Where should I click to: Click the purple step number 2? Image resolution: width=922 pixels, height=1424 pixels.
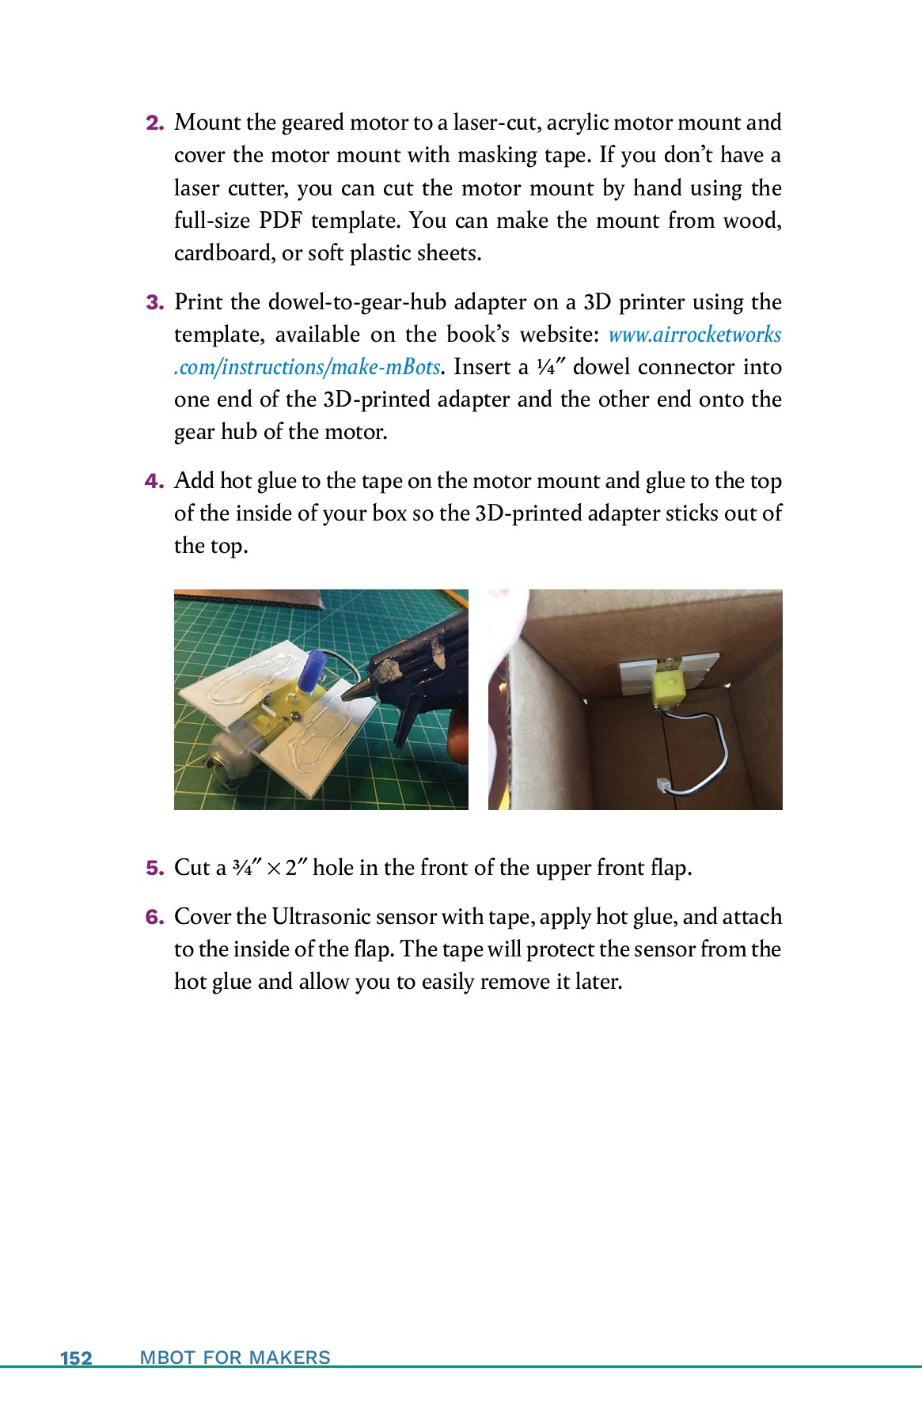pos(154,123)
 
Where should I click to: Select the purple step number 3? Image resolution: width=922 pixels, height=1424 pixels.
pos(154,303)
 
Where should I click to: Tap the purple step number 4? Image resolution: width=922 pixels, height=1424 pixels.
pos(154,482)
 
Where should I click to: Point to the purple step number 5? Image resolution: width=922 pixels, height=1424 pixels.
pos(154,869)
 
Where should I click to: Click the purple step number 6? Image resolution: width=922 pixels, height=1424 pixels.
pos(154,918)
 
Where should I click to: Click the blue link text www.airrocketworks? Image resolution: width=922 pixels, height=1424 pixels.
pos(694,335)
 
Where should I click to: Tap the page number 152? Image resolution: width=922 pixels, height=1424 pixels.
pos(76,1358)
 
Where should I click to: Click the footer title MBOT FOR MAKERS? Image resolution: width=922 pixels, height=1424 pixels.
pos(235,1358)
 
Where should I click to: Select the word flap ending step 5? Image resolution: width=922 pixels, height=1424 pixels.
pos(670,868)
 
